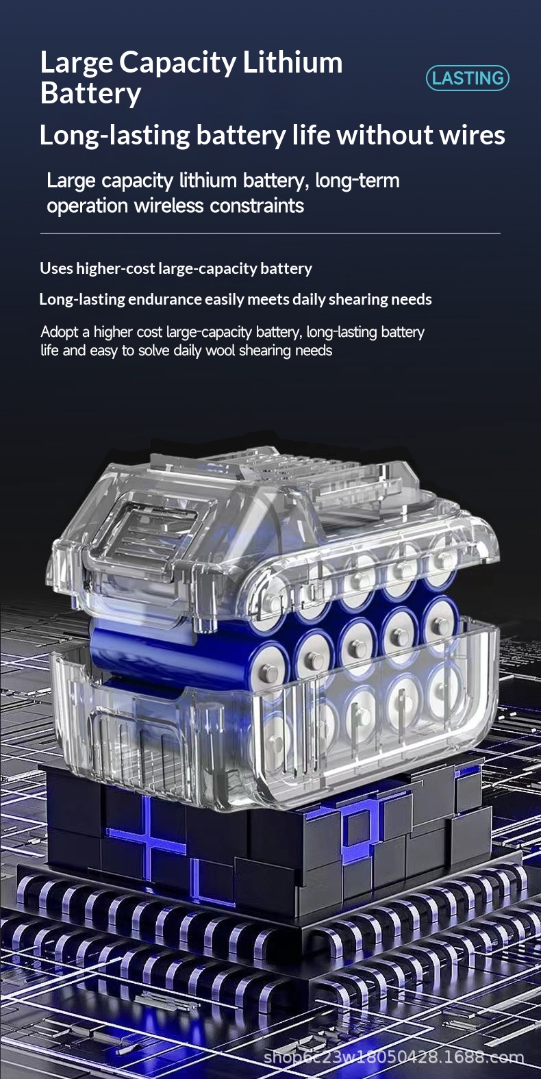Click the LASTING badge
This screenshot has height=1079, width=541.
tap(467, 78)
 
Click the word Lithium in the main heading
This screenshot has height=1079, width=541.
tap(292, 62)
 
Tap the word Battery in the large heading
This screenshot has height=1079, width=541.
tap(90, 93)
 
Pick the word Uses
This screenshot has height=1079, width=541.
tap(56, 268)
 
